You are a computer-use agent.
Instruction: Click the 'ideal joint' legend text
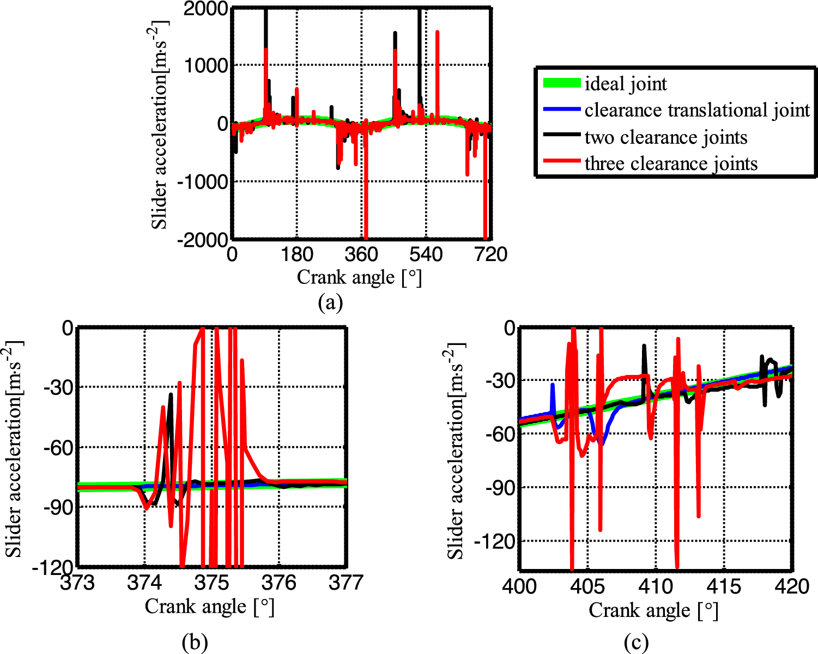pos(625,84)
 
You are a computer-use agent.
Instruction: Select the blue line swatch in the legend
pos(561,110)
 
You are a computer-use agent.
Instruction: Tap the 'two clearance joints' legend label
pos(665,137)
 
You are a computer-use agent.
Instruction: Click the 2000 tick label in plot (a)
pos(205,9)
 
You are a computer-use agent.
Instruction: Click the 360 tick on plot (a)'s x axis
pos(361,255)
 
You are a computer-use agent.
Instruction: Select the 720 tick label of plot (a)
pos(491,255)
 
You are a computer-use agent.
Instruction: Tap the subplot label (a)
pos(330,302)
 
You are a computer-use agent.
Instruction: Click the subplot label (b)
pos(195,643)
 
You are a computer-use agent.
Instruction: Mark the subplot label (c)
pos(636,643)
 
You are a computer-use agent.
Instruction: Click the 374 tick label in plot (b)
pos(144,583)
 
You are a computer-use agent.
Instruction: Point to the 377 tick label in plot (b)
pos(347,583)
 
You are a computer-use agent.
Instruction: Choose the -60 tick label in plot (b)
pos(60,447)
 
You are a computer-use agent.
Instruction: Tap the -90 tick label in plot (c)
pos(500,488)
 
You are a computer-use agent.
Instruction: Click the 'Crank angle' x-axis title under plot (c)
pos(653,610)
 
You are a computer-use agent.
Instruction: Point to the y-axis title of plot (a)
pos(160,125)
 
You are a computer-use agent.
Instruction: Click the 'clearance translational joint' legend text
pos(697,111)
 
